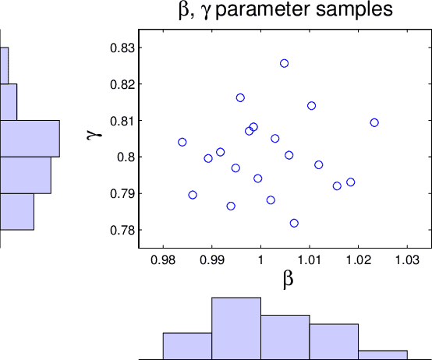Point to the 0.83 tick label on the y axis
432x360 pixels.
(122, 48)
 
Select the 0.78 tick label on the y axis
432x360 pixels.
(122, 231)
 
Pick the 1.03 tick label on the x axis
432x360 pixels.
(407, 257)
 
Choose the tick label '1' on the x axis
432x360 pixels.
(260, 257)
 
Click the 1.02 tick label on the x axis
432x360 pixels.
(358, 257)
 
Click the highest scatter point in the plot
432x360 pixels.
(284, 63)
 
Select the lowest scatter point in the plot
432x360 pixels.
(294, 223)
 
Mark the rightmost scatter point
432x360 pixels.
(374, 122)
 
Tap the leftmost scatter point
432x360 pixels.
(182, 142)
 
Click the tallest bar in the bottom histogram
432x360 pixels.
(236, 327)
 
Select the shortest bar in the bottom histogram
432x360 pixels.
(382, 354)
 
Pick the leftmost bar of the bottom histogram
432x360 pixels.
(187, 345)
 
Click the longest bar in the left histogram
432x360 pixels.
(30, 139)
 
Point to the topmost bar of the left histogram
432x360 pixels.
(4, 65)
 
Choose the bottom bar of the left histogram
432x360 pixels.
(16, 212)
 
